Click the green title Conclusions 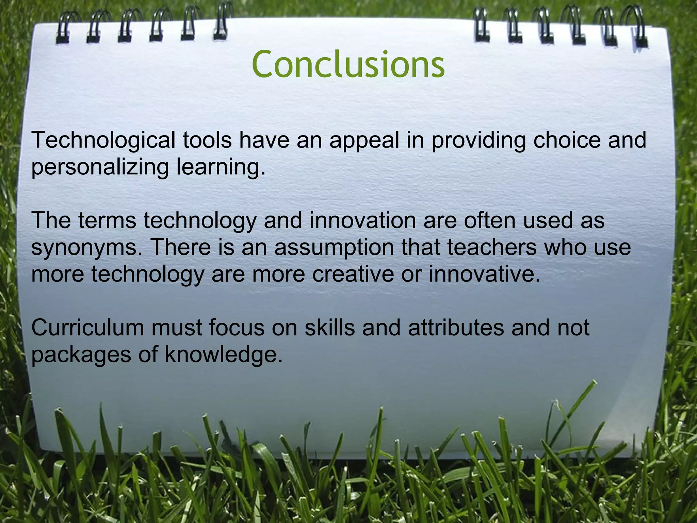(x=348, y=64)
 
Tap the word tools (x=207, y=140)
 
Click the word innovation (x=362, y=220)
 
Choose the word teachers (x=492, y=247)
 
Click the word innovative (x=484, y=274)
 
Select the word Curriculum (x=87, y=328)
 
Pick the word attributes (x=456, y=328)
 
